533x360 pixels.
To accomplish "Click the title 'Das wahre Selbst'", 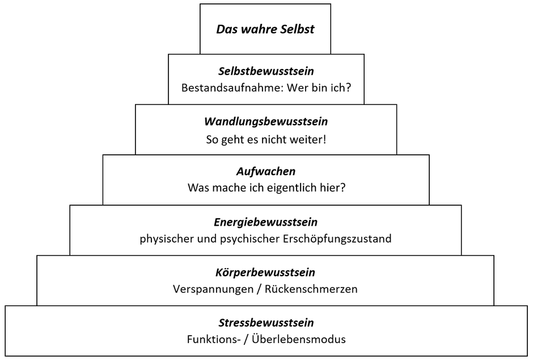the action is pos(265,29).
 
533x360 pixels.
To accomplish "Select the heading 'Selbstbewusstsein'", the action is pos(266,71).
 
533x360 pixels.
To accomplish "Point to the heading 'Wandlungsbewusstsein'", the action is pos(266,121).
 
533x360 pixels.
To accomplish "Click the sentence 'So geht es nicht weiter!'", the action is pos(266,139).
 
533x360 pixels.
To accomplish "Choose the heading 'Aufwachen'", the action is pos(266,171).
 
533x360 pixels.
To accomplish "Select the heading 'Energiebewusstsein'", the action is pos(265,222).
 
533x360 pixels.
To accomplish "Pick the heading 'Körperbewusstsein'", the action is pos(265,272).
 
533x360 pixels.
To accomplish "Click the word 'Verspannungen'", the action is pos(213,289).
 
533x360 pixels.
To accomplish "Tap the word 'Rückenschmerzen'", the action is pos(311,289).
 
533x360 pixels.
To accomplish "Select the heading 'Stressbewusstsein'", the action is pos(266,323).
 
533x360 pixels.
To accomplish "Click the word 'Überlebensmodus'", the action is pos(299,339).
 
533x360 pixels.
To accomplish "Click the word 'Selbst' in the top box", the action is pos(298,29).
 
